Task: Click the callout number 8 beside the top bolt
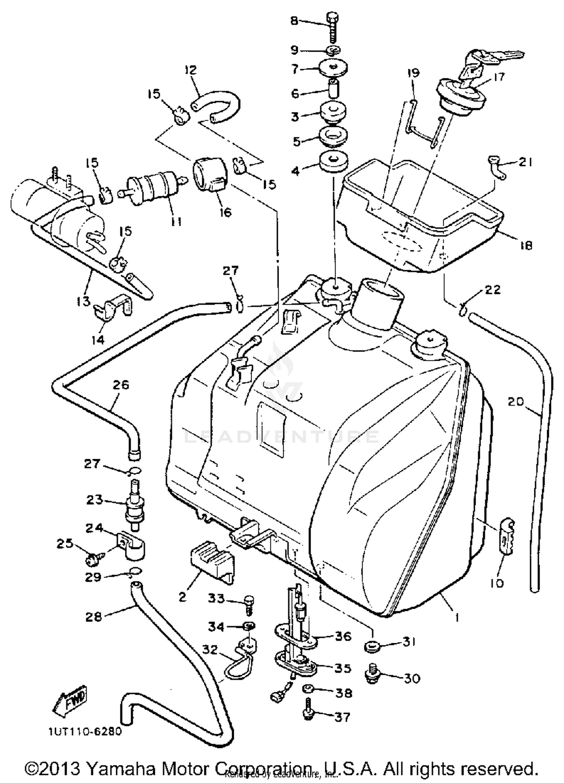click(x=294, y=20)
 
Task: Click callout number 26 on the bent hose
click(x=121, y=385)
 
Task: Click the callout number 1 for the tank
click(x=457, y=617)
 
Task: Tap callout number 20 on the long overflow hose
click(x=515, y=402)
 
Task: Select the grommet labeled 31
click(x=372, y=647)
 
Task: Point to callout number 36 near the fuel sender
click(x=343, y=636)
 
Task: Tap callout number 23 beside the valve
click(x=94, y=500)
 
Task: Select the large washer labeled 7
click(x=333, y=68)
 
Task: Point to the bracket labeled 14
click(x=113, y=308)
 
